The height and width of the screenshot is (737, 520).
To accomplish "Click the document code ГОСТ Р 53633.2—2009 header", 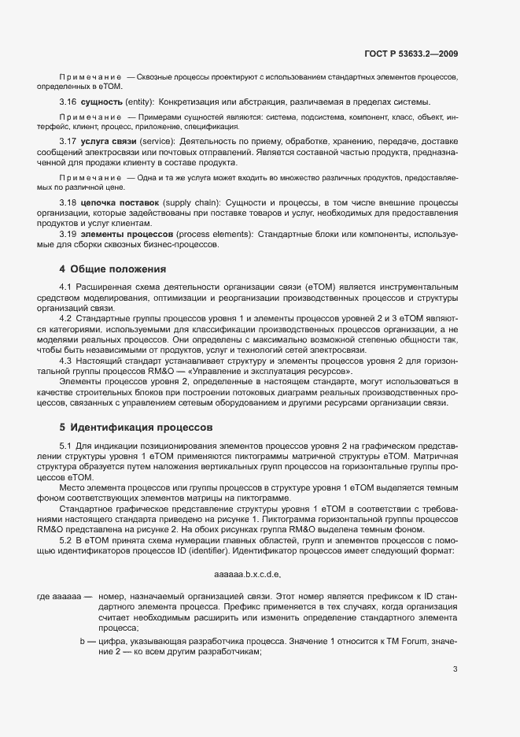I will tap(413, 54).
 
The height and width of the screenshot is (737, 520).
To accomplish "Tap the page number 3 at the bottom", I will tap(455, 670).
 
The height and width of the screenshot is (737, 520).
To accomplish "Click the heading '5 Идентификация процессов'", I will tap(135, 428).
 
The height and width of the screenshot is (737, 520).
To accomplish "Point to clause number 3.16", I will tap(68, 102).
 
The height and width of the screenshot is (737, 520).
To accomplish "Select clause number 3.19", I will tap(68, 234).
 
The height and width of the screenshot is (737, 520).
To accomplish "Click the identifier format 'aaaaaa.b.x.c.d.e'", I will tap(247, 574).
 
